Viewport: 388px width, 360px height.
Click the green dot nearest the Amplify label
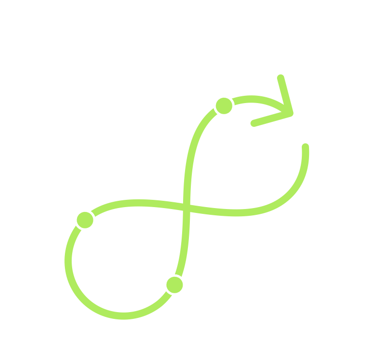(223, 105)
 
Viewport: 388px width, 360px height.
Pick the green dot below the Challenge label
(85, 220)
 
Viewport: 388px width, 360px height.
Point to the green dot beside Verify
(174, 284)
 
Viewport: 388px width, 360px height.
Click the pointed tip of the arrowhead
(293, 114)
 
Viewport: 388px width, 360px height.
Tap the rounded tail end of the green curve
(305, 147)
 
